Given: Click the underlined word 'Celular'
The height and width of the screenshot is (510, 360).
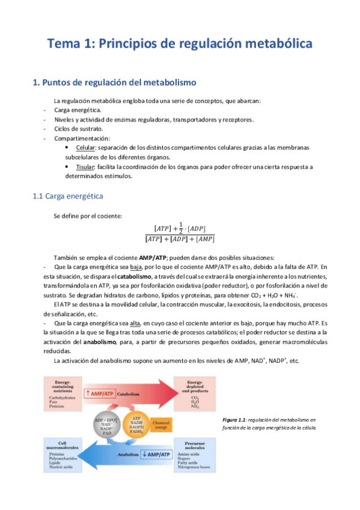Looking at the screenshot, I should tap(86, 148).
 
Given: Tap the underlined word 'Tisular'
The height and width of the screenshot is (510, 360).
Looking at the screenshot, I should tap(86, 167).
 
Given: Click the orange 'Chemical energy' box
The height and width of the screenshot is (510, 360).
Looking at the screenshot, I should tap(161, 425).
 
